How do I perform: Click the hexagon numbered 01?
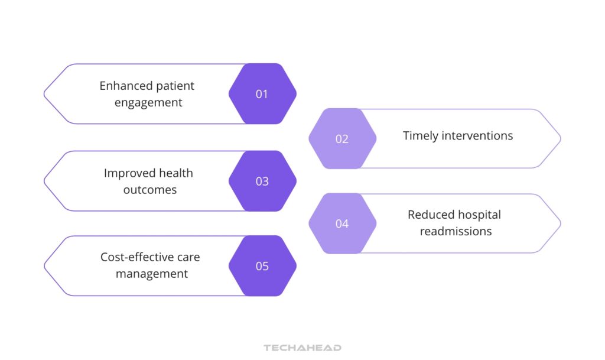pos(262,94)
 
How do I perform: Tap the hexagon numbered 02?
pos(342,139)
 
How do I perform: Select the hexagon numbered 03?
pos(262,181)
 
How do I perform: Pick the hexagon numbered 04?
pos(342,223)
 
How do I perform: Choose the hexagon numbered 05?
pos(262,266)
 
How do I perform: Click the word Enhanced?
pos(121,86)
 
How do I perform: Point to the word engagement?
pos(148,103)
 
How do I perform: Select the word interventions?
pos(476,136)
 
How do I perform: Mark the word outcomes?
pos(149,190)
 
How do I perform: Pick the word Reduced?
pos(428,215)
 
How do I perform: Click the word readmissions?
pos(456,232)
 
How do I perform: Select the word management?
pos(152,274)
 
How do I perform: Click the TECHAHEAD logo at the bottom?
pos(302,348)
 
